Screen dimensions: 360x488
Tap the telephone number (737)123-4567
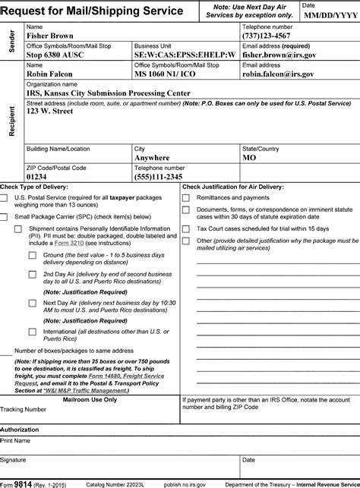tap(273, 35)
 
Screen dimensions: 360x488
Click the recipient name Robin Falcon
tap(48, 74)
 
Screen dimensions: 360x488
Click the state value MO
tap(249, 158)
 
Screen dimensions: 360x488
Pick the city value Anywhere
tap(152, 158)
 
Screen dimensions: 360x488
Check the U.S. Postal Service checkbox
tap(5, 198)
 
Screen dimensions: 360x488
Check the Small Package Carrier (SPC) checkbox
tap(5, 217)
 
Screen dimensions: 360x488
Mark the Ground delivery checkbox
tap(33, 255)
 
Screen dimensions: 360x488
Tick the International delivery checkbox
tap(33, 332)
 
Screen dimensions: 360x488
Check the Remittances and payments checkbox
tap(186, 198)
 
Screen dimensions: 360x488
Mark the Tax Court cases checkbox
tap(186, 228)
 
